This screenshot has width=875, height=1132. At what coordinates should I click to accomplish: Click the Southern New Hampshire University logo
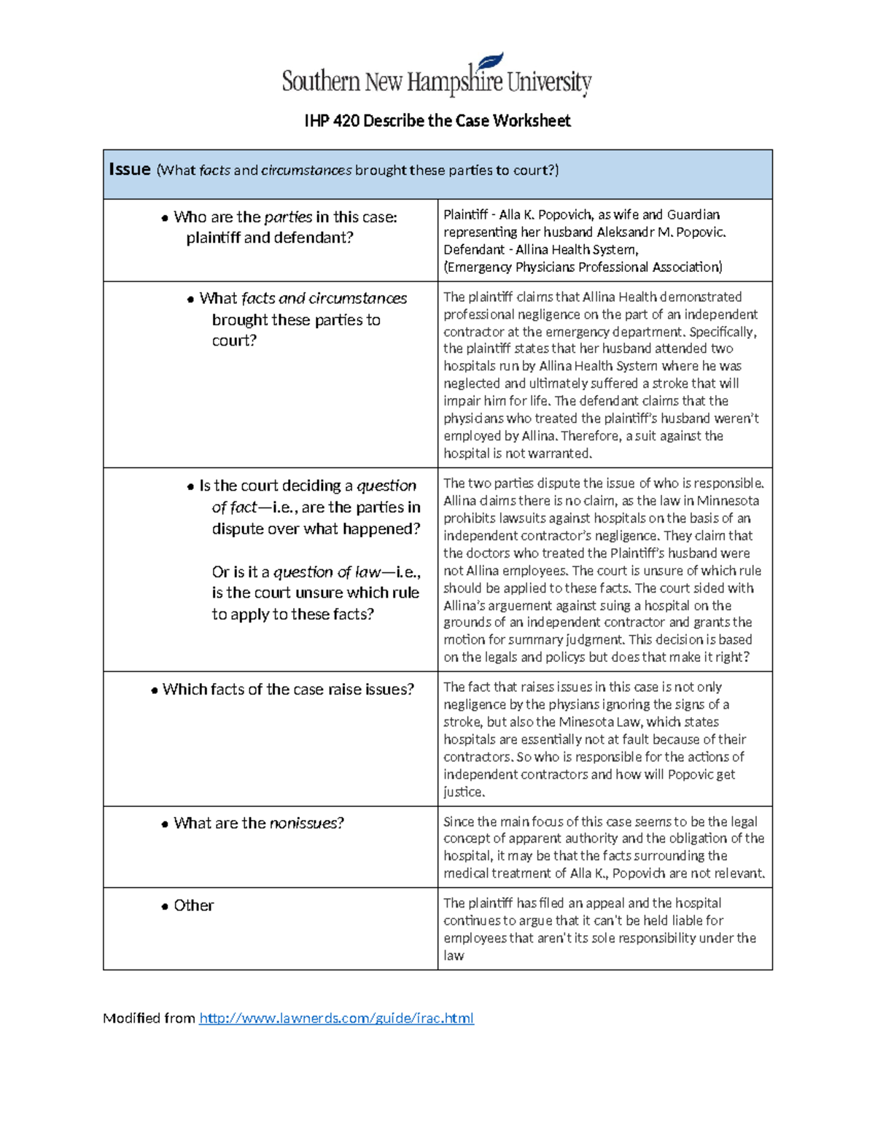(437, 77)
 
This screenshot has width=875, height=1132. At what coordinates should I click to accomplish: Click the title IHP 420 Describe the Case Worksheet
(437, 121)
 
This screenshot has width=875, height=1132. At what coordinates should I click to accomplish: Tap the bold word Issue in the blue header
(129, 169)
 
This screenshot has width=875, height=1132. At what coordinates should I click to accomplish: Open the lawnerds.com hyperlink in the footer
(336, 1018)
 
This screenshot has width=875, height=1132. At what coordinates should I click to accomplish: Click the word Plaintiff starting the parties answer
(465, 215)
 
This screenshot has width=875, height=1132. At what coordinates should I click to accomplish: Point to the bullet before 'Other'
(165, 907)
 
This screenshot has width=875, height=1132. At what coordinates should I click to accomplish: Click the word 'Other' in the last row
(193, 905)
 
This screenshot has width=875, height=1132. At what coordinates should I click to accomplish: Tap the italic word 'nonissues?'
(306, 823)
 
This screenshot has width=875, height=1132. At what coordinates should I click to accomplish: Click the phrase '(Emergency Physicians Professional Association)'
(583, 268)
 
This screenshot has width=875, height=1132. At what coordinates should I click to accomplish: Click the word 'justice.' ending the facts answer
(464, 792)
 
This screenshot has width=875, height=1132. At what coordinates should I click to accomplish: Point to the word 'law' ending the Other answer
(454, 956)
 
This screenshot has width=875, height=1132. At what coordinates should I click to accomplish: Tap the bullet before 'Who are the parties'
(165, 218)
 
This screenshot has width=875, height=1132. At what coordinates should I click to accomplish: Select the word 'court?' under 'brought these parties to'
(234, 341)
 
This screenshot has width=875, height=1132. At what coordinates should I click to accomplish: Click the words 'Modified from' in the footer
(149, 1018)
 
